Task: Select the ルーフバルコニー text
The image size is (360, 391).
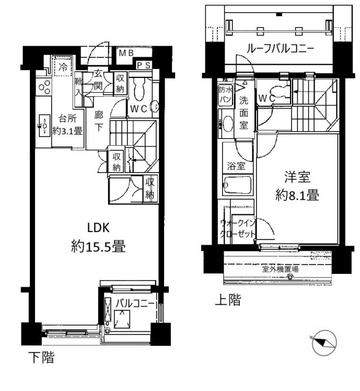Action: [280, 49]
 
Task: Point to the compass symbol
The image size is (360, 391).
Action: [323, 342]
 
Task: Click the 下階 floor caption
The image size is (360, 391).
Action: [40, 358]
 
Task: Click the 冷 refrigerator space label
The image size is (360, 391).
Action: [63, 67]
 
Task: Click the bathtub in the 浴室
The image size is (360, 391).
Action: [238, 185]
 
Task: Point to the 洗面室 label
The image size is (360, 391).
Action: [244, 111]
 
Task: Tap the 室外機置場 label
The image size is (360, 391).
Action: [280, 270]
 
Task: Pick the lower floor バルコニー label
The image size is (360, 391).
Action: [134, 303]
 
